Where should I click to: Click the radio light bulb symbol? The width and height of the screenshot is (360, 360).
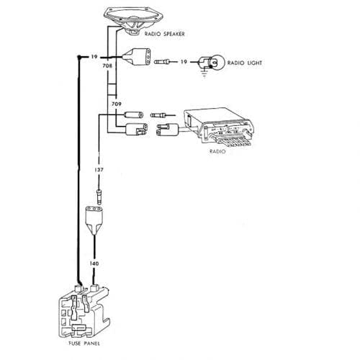212,63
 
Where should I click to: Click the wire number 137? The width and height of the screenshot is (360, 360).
99,170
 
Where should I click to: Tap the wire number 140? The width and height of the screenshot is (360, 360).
94,264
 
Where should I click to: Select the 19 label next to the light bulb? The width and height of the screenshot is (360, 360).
184,63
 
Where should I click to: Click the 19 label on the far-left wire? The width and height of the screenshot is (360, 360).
94,55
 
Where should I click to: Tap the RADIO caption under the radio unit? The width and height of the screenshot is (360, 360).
217,153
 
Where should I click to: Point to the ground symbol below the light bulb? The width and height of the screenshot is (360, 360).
207,73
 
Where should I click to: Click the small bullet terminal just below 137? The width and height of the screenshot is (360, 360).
99,194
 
